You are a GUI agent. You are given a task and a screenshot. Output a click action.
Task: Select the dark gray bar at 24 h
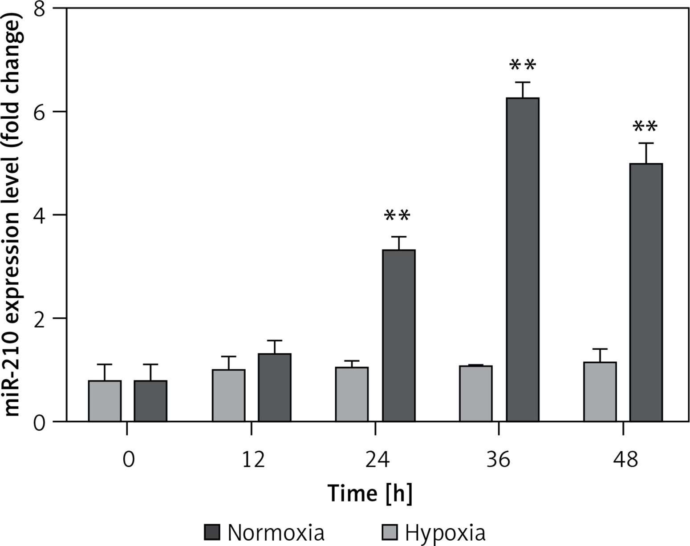pos(399,336)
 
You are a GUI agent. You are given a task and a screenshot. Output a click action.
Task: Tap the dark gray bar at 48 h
pos(646,292)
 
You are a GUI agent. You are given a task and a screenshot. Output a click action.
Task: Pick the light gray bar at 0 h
pos(105,401)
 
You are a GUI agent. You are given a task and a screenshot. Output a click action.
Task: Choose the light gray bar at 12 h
pos(228,395)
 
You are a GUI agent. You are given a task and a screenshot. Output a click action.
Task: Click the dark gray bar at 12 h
pos(275,387)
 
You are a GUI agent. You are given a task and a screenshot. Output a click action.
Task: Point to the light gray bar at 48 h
pos(600,392)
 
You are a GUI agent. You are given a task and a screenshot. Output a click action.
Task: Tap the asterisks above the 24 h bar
pos(397,217)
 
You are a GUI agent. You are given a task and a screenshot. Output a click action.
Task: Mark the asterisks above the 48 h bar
pos(645,128)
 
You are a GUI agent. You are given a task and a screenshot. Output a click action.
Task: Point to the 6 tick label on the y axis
pos(41,112)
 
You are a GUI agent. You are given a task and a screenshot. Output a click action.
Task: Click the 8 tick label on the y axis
pos(41,9)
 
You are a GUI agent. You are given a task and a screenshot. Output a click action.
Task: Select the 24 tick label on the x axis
pos(377,459)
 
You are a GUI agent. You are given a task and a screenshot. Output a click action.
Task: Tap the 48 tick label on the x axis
pos(625,459)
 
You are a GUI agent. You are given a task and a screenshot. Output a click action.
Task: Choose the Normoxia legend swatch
pos(212,532)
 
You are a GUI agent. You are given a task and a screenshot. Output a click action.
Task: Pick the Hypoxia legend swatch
pos(390,532)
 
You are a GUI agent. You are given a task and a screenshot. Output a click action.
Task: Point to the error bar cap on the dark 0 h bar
pos(150,364)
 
